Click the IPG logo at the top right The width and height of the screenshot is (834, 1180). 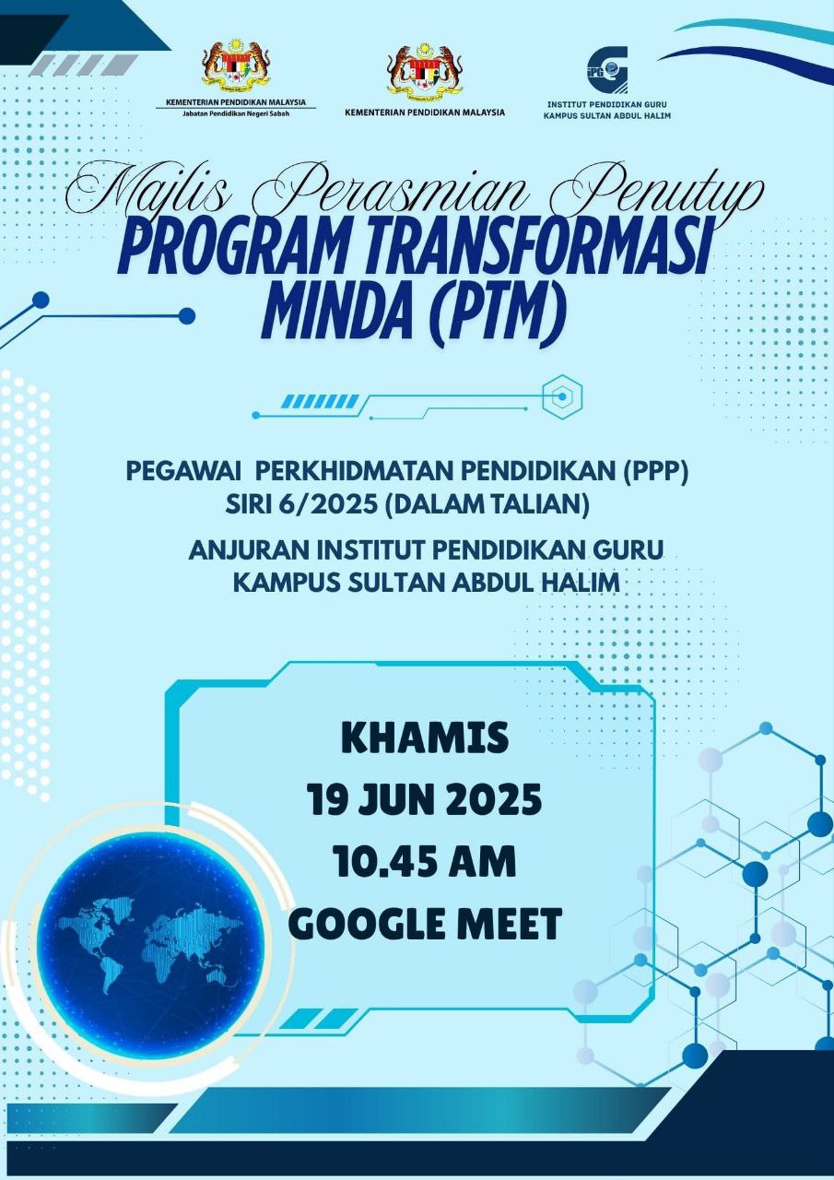(x=607, y=69)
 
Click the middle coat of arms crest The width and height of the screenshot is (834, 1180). (x=424, y=73)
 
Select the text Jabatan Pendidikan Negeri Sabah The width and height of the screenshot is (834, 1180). (x=236, y=113)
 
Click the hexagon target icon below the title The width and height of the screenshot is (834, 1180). (x=562, y=396)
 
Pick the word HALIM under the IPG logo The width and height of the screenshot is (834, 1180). (x=657, y=116)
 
